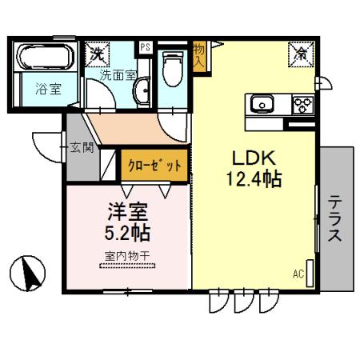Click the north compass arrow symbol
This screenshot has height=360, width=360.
(31, 274)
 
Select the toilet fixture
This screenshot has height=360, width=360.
(170, 70)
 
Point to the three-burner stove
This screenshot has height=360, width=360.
(302, 104)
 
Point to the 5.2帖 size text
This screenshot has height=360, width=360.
(129, 234)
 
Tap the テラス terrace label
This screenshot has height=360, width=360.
(336, 218)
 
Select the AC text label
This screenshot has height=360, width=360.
(298, 274)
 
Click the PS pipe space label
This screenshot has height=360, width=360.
(145, 47)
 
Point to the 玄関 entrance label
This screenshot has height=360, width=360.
(82, 147)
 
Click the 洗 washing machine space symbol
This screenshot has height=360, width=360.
(97, 54)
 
